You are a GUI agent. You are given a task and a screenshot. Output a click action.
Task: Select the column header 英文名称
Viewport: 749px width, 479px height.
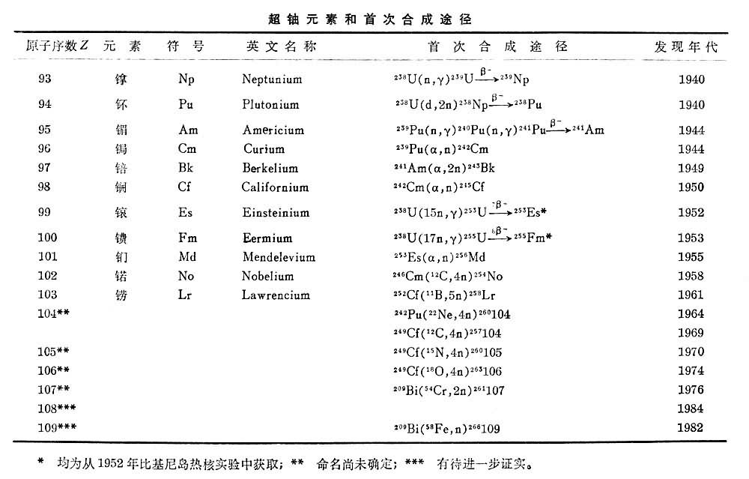coord(282,46)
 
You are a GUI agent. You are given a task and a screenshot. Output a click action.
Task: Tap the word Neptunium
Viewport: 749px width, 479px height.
coord(272,79)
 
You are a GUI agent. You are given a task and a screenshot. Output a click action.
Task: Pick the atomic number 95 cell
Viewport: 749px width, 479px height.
coord(44,130)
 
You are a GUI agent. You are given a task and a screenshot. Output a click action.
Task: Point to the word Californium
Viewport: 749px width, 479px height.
coord(275,187)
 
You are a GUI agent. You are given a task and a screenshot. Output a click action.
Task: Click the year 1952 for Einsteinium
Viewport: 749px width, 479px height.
coord(691,213)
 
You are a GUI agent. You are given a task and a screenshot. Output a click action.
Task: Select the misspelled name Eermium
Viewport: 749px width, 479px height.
coord(267,238)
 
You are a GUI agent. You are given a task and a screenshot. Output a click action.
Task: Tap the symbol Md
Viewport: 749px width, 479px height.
coord(187,257)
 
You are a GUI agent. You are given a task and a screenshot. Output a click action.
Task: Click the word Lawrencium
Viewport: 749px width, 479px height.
coord(276,295)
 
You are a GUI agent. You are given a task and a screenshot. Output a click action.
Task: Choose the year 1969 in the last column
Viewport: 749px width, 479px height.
coord(691,333)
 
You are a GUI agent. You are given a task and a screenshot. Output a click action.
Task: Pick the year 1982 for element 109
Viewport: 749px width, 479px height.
coord(691,428)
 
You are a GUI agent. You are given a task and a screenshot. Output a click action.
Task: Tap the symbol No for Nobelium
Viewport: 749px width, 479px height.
coord(187,276)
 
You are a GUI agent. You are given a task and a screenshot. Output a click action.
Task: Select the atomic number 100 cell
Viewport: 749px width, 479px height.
coord(47,238)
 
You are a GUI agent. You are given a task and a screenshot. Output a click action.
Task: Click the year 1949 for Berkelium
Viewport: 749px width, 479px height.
coord(691,168)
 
